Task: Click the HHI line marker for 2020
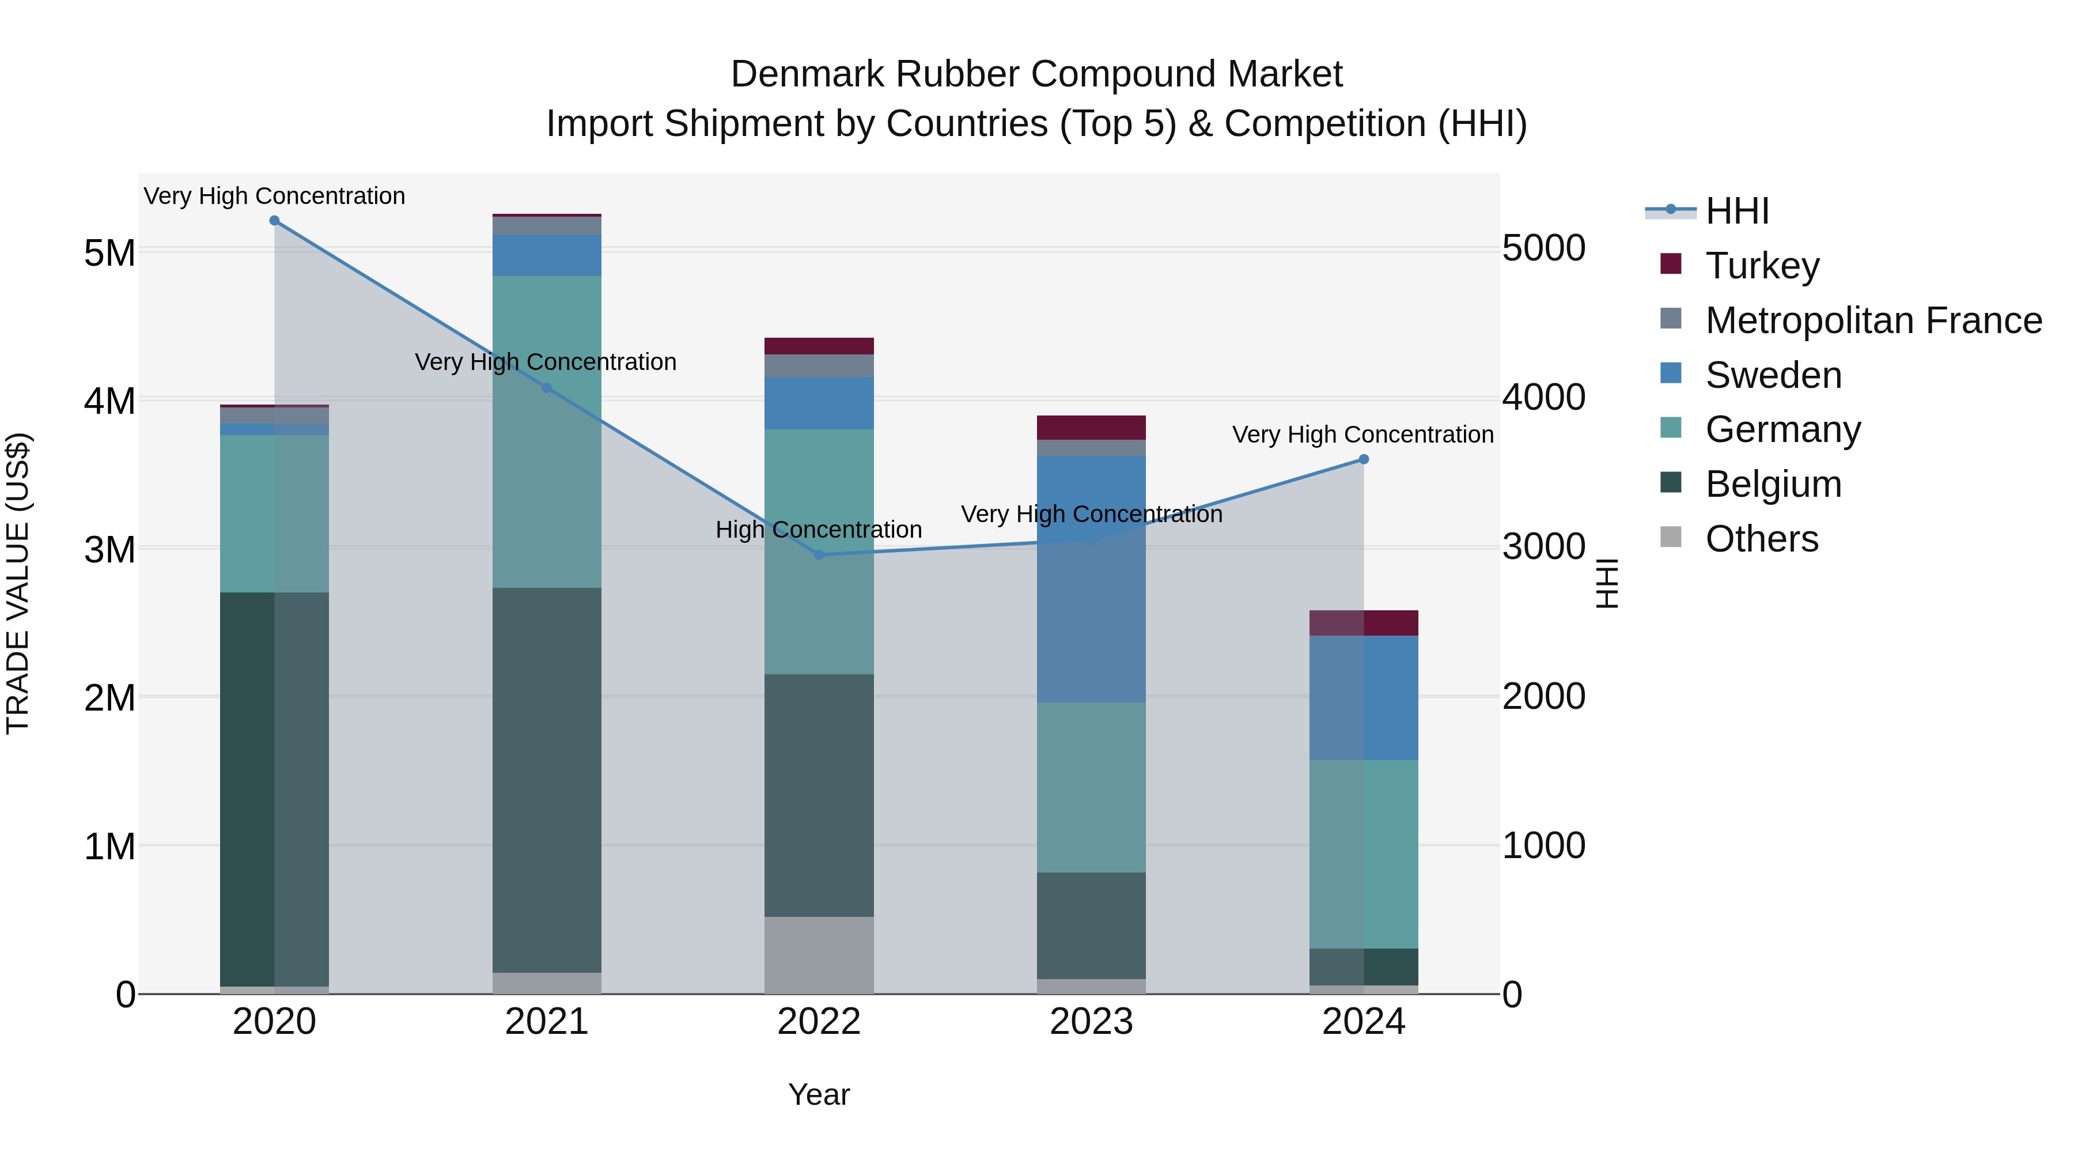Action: click(275, 221)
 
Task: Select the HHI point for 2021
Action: click(547, 388)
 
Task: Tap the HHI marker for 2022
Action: click(819, 555)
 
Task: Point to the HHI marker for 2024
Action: click(1364, 460)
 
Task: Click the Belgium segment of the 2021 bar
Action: click(547, 780)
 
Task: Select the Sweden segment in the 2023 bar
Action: click(1091, 579)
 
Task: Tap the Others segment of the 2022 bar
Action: click(819, 954)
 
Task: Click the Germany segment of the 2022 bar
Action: click(819, 552)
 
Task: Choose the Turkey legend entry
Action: click(1762, 266)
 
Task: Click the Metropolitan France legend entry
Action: click(1873, 320)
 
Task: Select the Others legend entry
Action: click(1762, 539)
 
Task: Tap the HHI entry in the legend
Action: click(1736, 211)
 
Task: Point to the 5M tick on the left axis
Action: click(109, 253)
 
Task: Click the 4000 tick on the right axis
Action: click(1543, 397)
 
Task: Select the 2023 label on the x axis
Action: click(1091, 1022)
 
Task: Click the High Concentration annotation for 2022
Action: click(819, 530)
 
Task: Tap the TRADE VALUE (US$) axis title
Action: click(18, 583)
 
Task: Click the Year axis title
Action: click(819, 1094)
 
